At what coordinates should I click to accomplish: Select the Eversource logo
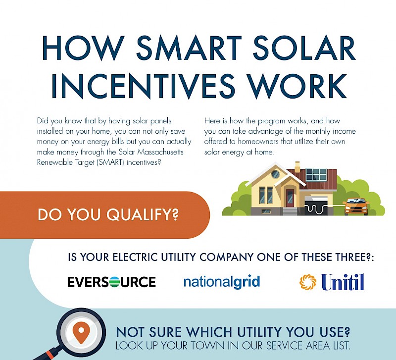[111, 282]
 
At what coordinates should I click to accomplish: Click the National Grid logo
[221, 282]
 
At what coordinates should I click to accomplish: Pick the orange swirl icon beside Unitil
[307, 282]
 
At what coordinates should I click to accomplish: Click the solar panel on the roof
[316, 174]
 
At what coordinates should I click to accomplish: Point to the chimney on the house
[297, 167]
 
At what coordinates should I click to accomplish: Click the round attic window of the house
[276, 175]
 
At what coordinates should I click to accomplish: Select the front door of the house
[290, 197]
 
